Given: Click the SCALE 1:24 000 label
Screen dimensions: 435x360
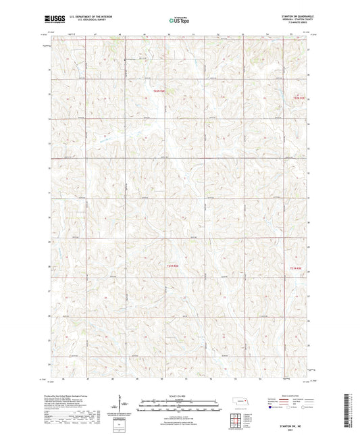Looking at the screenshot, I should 179,395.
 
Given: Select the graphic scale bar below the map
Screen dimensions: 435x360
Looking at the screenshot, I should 179,407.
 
